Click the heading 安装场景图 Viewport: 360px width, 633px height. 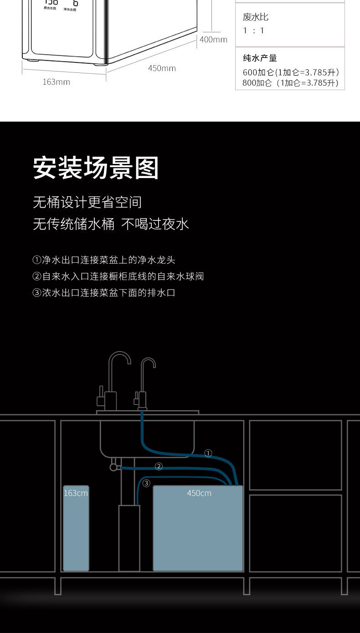pyautogui.click(x=96, y=168)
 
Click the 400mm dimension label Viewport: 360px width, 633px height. pyautogui.click(x=213, y=40)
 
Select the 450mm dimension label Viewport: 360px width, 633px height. pyautogui.click(x=162, y=68)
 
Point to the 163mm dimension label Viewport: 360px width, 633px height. pyautogui.click(x=56, y=82)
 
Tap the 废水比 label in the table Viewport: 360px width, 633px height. pyautogui.click(x=256, y=17)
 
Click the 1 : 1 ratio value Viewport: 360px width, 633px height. pyautogui.click(x=253, y=31)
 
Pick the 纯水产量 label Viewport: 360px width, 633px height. pyautogui.click(x=260, y=58)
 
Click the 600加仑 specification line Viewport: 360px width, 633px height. pyautogui.click(x=291, y=72)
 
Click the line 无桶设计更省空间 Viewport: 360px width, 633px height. pyautogui.click(x=87, y=202)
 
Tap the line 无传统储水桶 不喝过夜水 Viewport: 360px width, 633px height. pyautogui.click(x=111, y=224)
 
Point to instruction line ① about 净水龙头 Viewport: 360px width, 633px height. pyautogui.click(x=104, y=260)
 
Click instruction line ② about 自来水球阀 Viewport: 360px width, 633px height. pyautogui.click(x=118, y=276)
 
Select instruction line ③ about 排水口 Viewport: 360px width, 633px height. pyautogui.click(x=104, y=293)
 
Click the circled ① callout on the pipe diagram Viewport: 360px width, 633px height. pyautogui.click(x=208, y=453)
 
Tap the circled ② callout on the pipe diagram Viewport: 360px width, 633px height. pyautogui.click(x=159, y=466)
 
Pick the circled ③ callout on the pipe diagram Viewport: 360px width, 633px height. pyautogui.click(x=146, y=483)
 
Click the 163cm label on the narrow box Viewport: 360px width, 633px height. pyautogui.click(x=76, y=493)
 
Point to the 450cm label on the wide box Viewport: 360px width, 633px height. pyautogui.click(x=199, y=493)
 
